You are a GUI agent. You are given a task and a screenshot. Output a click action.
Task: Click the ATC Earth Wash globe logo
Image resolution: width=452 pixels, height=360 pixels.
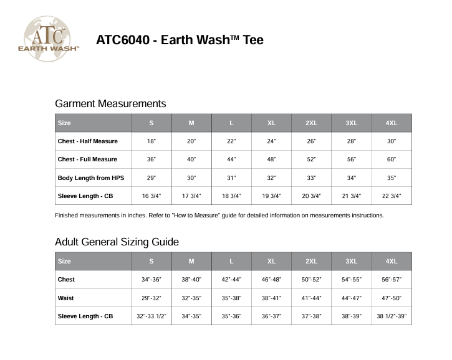(x=52, y=39)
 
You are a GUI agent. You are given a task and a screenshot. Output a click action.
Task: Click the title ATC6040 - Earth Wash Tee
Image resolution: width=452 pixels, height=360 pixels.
(x=180, y=40)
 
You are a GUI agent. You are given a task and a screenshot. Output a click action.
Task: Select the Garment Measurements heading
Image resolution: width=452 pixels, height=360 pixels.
(x=110, y=103)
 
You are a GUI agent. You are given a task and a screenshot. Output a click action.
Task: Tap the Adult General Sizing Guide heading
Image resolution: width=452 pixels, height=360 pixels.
(x=117, y=242)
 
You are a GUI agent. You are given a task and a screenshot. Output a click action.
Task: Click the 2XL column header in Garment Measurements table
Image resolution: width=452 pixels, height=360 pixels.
(x=311, y=123)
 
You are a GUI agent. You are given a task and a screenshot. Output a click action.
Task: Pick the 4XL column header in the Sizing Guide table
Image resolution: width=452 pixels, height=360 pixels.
(x=392, y=262)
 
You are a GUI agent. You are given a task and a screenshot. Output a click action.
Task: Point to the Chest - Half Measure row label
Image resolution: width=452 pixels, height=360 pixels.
(x=88, y=141)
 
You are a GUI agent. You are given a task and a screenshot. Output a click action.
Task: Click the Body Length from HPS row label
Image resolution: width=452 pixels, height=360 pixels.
(x=91, y=178)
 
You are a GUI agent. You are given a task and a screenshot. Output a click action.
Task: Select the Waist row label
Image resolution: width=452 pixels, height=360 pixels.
(x=65, y=298)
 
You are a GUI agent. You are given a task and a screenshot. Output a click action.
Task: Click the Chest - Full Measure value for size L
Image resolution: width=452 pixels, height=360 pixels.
(x=231, y=159)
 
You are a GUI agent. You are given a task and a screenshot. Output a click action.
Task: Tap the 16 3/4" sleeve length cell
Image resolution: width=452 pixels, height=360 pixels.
(x=151, y=196)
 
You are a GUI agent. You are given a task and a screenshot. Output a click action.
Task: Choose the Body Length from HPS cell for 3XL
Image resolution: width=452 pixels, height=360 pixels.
(x=352, y=178)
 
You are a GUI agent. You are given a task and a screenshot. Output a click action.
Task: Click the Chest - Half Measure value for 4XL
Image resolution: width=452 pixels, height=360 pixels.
(x=392, y=141)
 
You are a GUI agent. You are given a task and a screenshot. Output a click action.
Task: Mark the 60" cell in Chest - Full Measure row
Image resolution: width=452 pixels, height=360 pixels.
(x=392, y=159)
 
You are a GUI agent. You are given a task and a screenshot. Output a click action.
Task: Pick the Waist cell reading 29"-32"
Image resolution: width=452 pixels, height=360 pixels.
(x=151, y=298)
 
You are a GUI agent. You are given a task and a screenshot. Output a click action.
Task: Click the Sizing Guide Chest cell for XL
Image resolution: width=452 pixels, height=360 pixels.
(x=271, y=280)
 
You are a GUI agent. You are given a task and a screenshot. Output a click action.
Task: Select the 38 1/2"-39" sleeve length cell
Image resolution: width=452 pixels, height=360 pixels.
(x=392, y=316)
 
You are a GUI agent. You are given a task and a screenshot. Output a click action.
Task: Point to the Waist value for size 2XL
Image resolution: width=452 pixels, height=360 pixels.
(x=311, y=298)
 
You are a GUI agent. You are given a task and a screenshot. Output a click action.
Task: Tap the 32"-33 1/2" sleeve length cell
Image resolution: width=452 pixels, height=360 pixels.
(x=151, y=316)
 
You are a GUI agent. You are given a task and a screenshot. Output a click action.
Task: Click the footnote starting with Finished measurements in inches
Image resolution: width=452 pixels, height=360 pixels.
(x=219, y=216)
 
